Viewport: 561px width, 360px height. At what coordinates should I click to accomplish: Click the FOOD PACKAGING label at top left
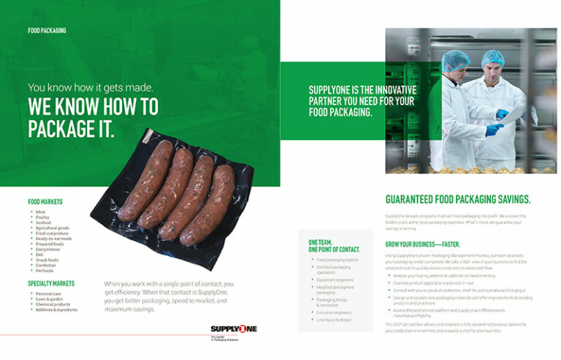47,31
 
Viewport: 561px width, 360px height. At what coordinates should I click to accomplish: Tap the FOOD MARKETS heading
45,202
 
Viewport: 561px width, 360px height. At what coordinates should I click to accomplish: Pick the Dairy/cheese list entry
48,248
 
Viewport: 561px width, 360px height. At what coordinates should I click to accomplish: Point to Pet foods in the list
45,269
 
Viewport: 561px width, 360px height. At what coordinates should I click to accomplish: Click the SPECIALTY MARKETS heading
51,283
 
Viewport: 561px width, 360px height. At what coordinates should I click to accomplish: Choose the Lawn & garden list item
49,299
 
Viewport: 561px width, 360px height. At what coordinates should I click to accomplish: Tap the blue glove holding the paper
502,115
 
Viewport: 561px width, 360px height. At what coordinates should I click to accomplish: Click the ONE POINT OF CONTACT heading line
334,249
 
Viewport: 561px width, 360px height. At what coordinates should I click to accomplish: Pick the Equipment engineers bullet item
335,278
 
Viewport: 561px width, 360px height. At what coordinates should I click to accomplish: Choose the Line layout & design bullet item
334,319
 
